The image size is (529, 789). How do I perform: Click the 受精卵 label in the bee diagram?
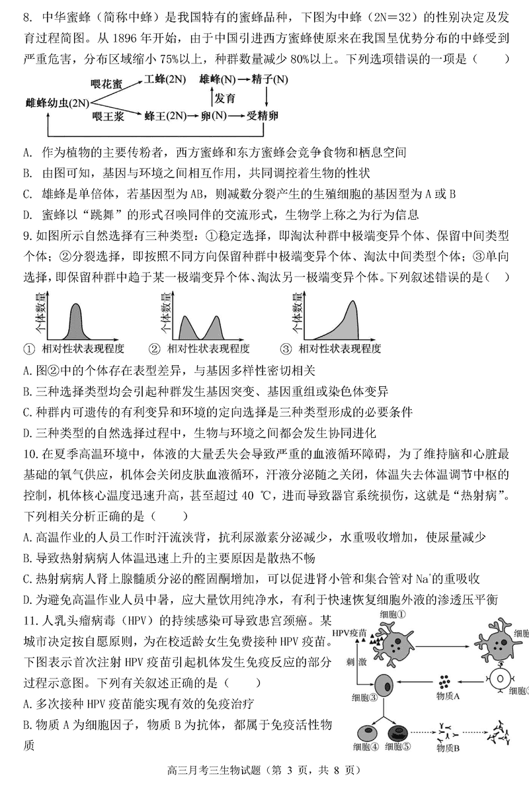263,116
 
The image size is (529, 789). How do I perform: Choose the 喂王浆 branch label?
106,116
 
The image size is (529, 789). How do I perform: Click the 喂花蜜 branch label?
106,84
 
